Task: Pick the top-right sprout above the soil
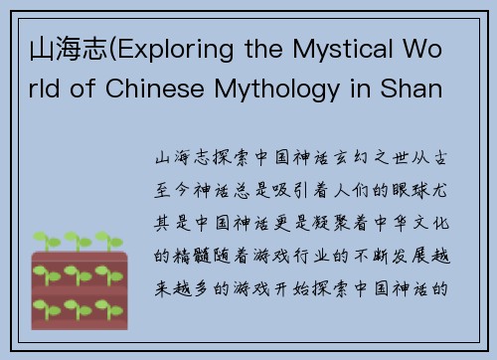(117, 240)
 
